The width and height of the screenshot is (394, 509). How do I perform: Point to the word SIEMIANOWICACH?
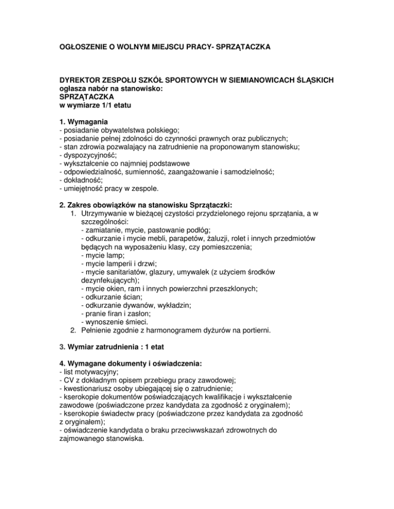271,80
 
